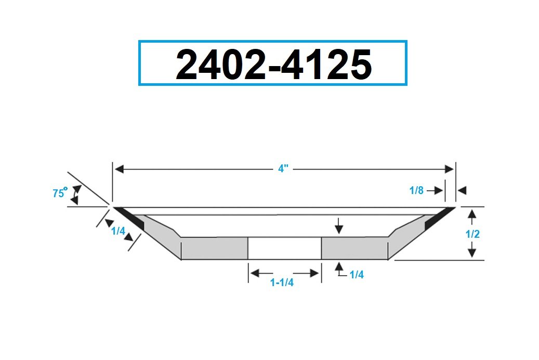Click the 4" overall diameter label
tap(283, 169)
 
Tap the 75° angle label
tap(60, 192)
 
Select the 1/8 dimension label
tap(416, 190)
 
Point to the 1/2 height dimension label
tap(472, 234)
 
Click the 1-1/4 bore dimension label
tap(282, 282)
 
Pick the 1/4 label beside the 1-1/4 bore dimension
tap(357, 274)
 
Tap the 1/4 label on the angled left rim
tap(119, 231)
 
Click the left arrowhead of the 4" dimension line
tap(119, 169)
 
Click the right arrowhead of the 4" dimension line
tap(449, 169)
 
